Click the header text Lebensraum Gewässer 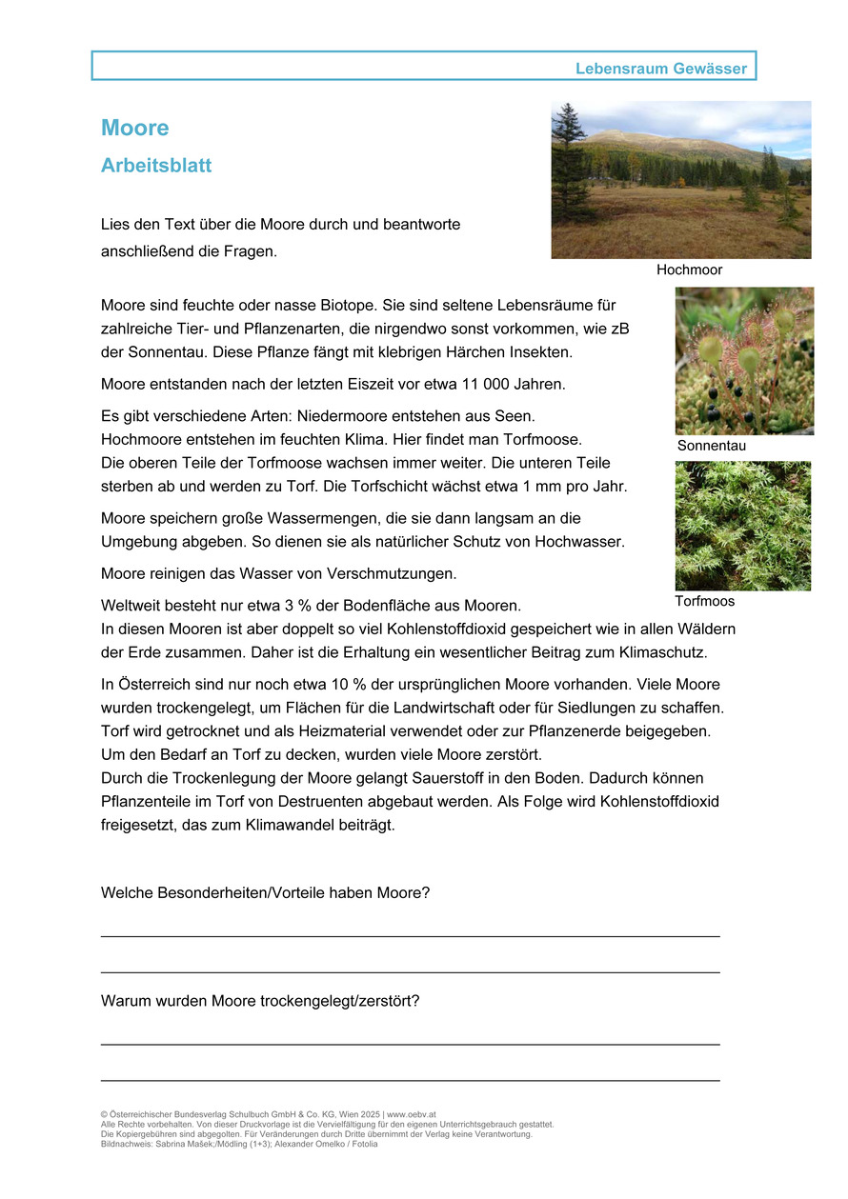pos(661,69)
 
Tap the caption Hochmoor pos(689,270)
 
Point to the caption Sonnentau pos(711,446)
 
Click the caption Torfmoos pos(704,602)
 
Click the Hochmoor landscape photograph pos(680,180)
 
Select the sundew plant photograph pos(743,361)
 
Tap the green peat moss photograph pos(742,526)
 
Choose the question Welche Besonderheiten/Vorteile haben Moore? pos(265,893)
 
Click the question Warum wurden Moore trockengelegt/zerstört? pos(260,1002)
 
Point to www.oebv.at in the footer pos(412,1114)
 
